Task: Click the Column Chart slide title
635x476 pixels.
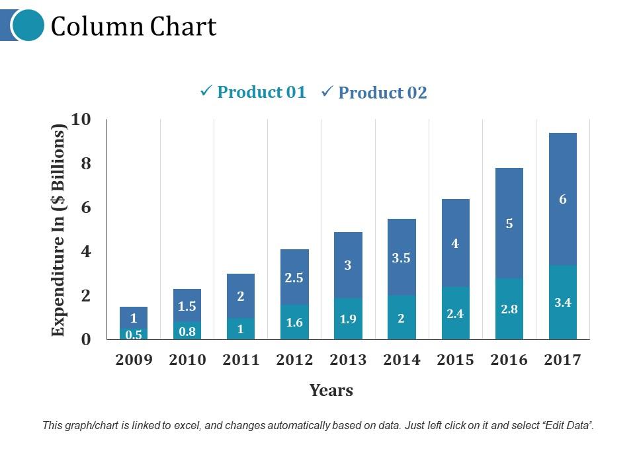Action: [134, 26]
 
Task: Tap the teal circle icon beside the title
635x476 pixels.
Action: [28, 25]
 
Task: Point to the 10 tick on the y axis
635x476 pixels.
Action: [81, 120]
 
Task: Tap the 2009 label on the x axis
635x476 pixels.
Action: [134, 360]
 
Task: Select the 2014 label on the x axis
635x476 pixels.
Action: [402, 360]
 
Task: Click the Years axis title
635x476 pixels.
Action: [331, 391]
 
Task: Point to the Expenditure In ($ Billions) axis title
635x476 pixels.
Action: [60, 230]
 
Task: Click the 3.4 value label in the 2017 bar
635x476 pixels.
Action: [563, 303]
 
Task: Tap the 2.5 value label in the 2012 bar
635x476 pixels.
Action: [294, 278]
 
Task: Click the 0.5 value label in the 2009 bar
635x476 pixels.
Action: [134, 335]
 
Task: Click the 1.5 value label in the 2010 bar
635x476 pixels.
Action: [187, 306]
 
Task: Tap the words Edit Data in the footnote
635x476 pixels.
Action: [566, 426]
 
